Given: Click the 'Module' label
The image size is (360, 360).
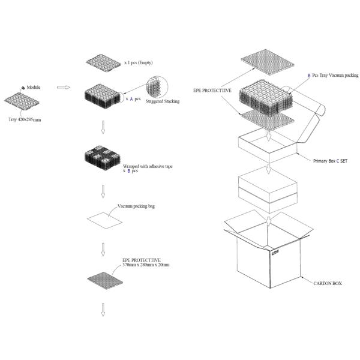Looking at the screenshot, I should click(34, 87).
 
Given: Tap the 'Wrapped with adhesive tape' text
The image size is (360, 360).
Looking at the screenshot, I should click(147, 166).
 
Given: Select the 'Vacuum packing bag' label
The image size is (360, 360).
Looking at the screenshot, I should click(136, 205).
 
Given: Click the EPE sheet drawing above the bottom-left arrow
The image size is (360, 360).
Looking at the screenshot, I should click(103, 279).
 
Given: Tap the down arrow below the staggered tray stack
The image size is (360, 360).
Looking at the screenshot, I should click(103, 127).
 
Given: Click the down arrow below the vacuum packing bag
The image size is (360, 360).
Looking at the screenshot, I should click(103, 248).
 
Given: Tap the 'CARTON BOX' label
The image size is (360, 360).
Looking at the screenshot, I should click(327, 283).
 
